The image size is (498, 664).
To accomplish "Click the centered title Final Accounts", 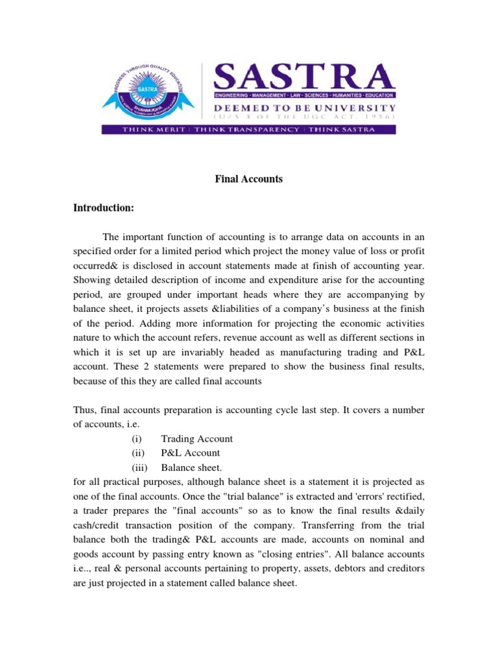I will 249,179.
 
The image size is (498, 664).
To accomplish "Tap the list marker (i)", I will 128,439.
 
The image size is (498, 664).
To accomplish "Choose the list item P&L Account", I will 191,453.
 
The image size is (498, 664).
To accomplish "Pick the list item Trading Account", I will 196,439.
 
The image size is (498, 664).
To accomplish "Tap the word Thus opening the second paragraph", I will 84,410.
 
